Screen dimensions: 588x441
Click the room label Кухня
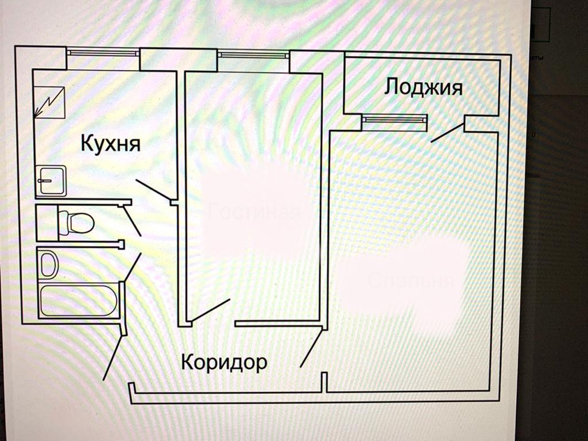(110, 143)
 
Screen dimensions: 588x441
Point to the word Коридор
(224, 363)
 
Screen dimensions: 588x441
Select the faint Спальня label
(411, 281)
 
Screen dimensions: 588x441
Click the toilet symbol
(75, 222)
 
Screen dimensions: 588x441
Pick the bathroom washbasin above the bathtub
(50, 264)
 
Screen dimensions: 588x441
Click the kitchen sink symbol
(51, 179)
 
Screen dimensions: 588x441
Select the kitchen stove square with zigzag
(49, 102)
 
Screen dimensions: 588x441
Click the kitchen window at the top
(103, 52)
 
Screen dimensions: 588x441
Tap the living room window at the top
(253, 55)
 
